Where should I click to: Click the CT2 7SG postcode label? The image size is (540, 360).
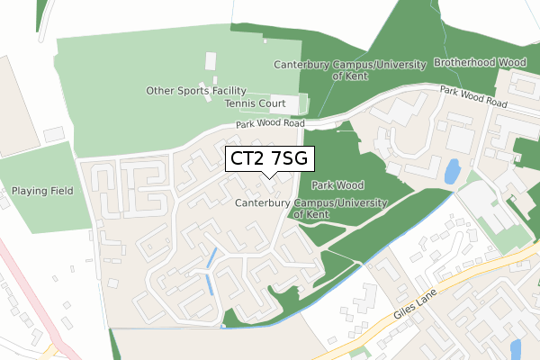click(268, 158)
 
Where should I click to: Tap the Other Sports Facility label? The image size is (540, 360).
click(196, 91)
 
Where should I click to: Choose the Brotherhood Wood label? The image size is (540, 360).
click(480, 63)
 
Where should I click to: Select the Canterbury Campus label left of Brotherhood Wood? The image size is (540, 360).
click(348, 69)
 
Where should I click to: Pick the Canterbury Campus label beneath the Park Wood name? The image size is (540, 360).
click(310, 209)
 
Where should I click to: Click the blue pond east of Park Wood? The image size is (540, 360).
click(452, 169)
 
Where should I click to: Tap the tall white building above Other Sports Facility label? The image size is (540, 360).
click(211, 62)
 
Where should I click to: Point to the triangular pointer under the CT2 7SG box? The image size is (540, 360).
click(268, 176)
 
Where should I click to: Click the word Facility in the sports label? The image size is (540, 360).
click(226, 91)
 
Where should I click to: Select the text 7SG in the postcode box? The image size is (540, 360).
click(291, 158)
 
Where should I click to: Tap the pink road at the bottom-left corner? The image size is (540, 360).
click(22, 297)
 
